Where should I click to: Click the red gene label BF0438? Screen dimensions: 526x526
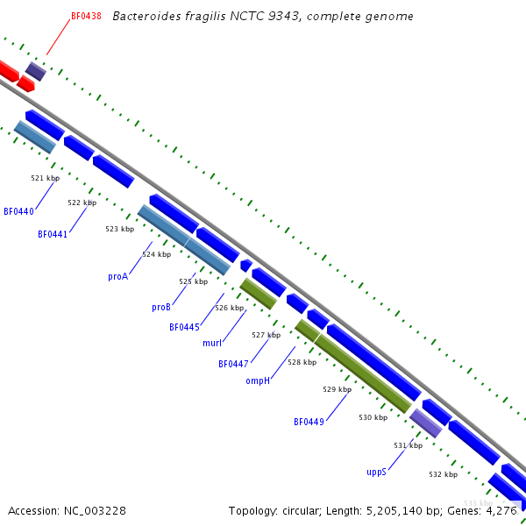click(86, 16)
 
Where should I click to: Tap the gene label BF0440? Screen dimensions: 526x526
click(18, 211)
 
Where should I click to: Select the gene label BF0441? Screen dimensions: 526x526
click(53, 234)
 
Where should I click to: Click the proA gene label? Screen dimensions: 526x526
click(118, 276)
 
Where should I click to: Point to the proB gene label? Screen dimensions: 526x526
click(161, 307)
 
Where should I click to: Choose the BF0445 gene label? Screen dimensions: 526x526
click(185, 327)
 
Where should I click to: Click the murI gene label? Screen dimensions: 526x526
click(212, 343)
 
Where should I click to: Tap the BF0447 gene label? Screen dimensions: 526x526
click(234, 364)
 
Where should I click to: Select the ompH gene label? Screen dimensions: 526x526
click(258, 380)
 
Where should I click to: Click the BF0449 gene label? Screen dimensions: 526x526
click(309, 422)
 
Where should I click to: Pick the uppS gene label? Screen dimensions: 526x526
click(376, 471)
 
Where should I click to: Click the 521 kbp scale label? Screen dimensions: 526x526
click(44, 178)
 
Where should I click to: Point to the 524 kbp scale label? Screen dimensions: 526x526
click(156, 254)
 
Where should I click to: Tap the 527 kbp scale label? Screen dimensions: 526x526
click(266, 335)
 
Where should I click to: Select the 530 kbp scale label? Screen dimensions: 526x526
click(373, 417)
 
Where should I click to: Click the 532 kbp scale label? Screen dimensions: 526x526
click(443, 474)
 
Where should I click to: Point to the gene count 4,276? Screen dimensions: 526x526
click(501, 510)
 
